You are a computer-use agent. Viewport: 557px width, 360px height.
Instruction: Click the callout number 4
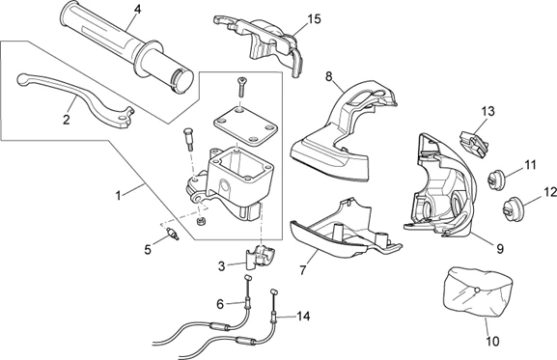tap(137, 10)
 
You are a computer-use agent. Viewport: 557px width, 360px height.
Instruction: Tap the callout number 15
tap(314, 18)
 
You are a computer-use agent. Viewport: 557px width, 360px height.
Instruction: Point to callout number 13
tap(487, 112)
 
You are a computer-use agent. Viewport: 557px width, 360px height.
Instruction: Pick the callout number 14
tap(304, 316)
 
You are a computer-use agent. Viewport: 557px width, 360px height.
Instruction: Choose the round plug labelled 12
tap(511, 205)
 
